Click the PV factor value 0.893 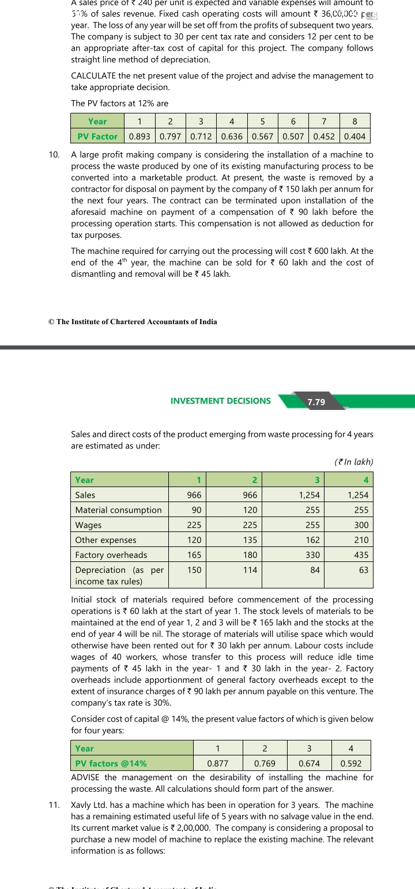[139, 136]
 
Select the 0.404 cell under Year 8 [354, 136]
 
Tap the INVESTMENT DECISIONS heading [220, 401]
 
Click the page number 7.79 [316, 402]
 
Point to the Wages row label [88, 525]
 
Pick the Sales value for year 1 [194, 495]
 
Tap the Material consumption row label [118, 510]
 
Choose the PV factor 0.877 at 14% [217, 763]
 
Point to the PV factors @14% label [111, 763]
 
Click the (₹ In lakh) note [353, 462]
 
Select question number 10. [54, 155]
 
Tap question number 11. [54, 805]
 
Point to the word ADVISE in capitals [86, 777]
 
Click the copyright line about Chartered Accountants [133, 322]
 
